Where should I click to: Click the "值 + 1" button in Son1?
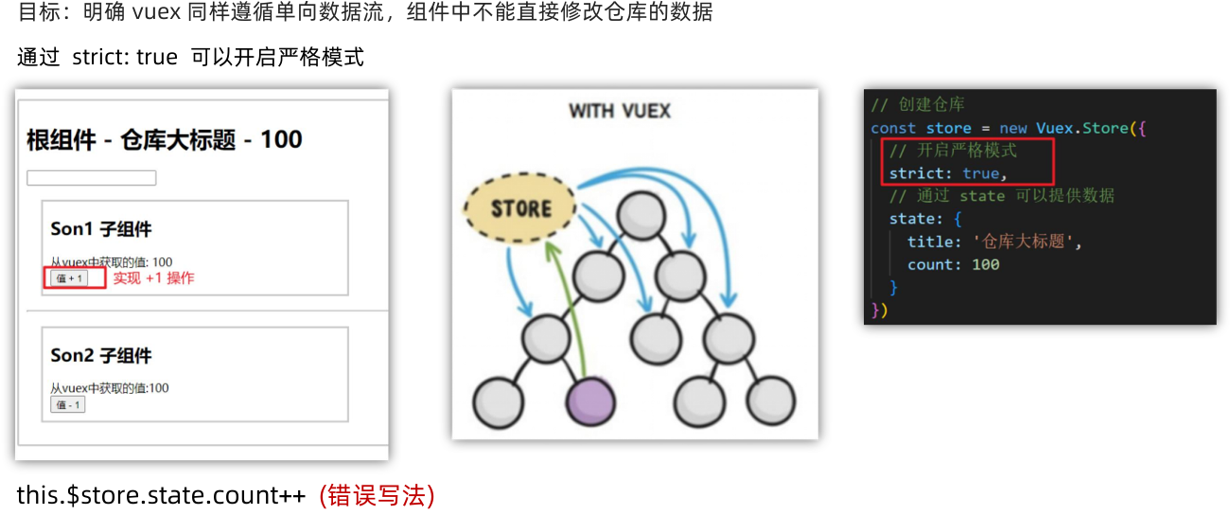pyautogui.click(x=69, y=278)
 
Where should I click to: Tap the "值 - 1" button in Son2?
pyautogui.click(x=67, y=404)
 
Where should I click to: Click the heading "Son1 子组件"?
pyautogui.click(x=101, y=230)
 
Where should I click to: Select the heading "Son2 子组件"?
pyautogui.click(x=101, y=356)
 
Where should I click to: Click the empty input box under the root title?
pyautogui.click(x=91, y=178)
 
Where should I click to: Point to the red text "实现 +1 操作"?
pyautogui.click(x=153, y=278)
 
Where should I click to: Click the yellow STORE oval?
pyautogui.click(x=520, y=207)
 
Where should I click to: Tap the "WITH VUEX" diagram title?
pyautogui.click(x=620, y=112)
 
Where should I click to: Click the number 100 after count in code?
pyautogui.click(x=985, y=264)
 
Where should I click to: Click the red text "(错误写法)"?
pyautogui.click(x=377, y=495)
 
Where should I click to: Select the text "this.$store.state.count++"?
pyautogui.click(x=161, y=495)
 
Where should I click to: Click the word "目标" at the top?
pyautogui.click(x=35, y=12)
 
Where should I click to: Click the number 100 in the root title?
pyautogui.click(x=281, y=140)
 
